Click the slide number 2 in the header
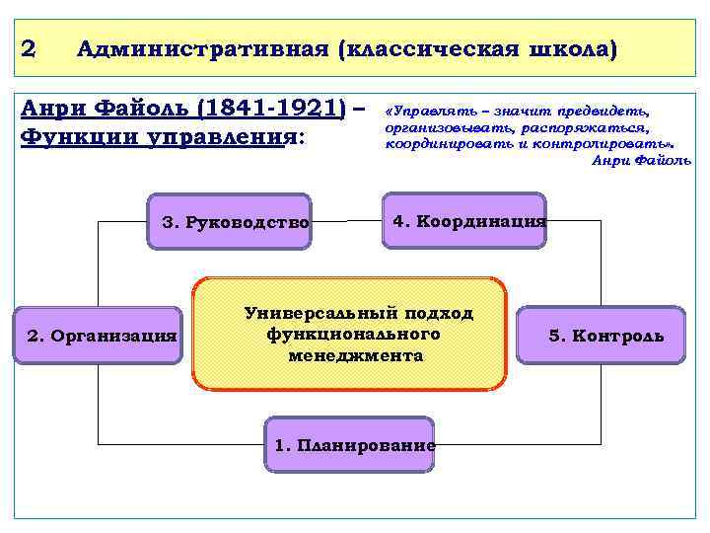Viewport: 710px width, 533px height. point(29,47)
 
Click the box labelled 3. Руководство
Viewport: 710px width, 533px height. point(235,222)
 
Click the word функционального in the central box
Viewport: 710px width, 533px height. point(353,334)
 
